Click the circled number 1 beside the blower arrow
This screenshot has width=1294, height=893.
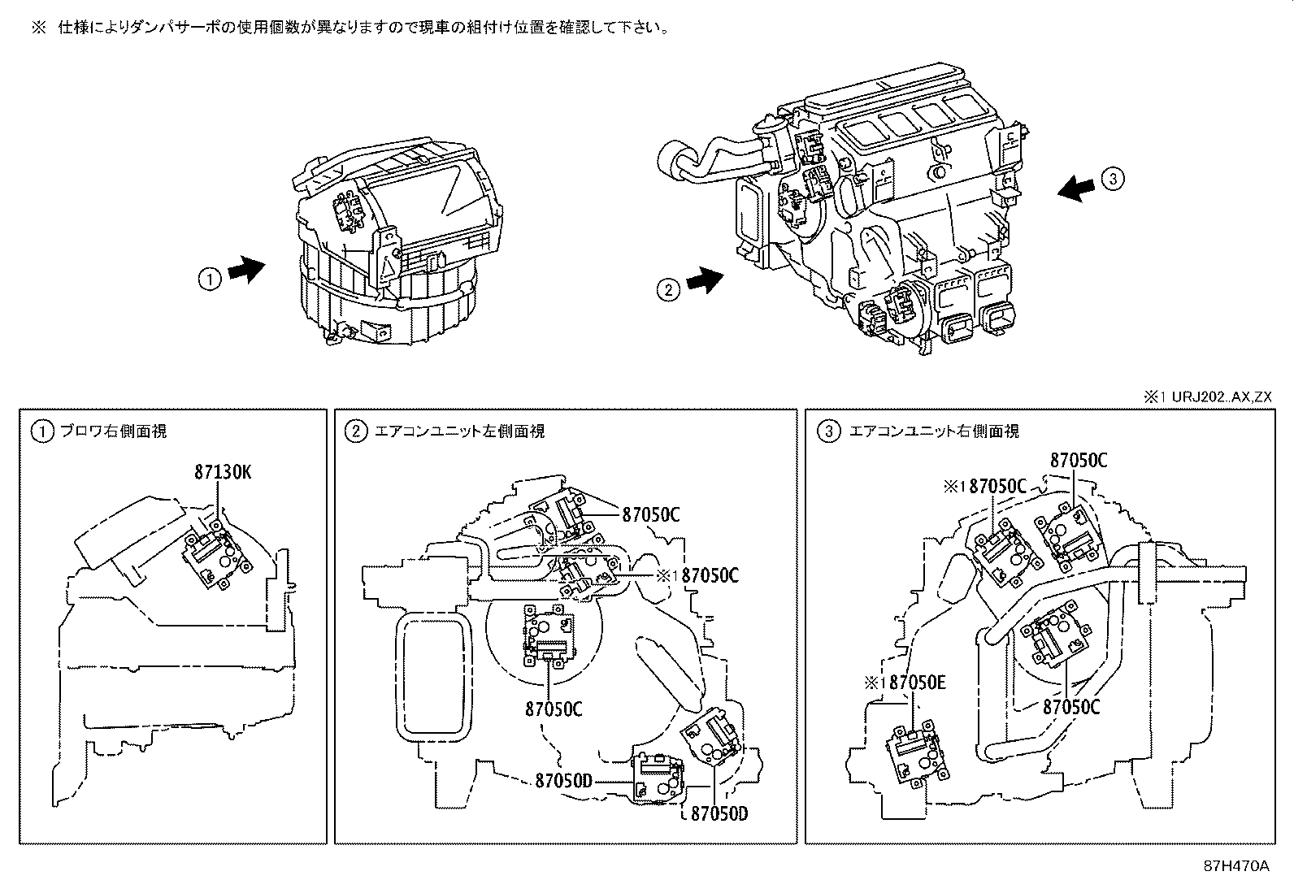point(210,279)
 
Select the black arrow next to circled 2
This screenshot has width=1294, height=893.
point(704,281)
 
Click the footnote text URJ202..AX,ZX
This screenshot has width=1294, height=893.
point(1219,397)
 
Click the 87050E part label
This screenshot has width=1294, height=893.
point(917,683)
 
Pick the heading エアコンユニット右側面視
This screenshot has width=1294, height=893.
point(933,431)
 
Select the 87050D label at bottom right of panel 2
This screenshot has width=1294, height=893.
point(719,813)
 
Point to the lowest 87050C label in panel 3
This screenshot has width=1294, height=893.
point(1071,707)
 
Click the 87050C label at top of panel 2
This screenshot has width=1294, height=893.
point(650,514)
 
